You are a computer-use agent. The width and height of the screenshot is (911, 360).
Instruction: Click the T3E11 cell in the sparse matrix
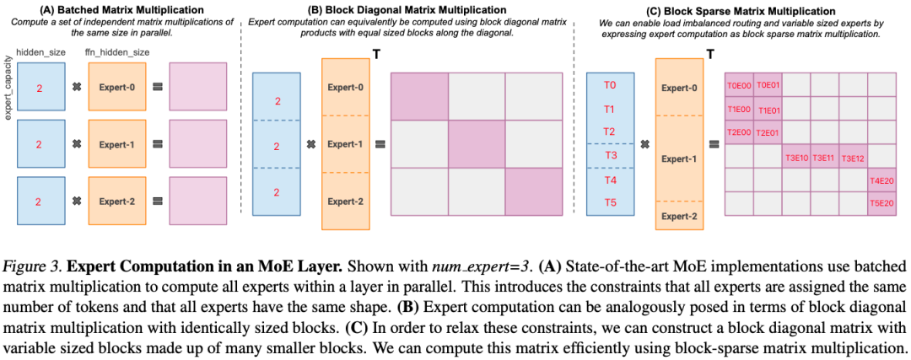tap(823, 157)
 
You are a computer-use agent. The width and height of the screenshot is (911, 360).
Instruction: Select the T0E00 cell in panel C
tap(738, 84)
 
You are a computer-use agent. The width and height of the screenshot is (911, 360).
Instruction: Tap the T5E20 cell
tap(881, 203)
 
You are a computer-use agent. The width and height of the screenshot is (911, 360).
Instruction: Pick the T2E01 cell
tap(768, 132)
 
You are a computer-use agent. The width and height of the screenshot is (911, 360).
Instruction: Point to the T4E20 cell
tap(881, 180)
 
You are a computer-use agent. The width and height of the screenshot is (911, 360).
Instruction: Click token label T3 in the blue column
tap(611, 156)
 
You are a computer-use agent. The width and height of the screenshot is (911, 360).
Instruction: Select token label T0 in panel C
tap(611, 85)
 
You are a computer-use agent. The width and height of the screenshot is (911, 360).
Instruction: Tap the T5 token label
tap(611, 203)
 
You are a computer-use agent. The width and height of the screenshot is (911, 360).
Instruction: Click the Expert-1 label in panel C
tap(679, 158)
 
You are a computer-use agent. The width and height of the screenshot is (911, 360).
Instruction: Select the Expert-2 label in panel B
tap(347, 201)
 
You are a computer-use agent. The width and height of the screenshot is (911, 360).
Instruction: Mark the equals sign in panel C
tap(714, 144)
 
